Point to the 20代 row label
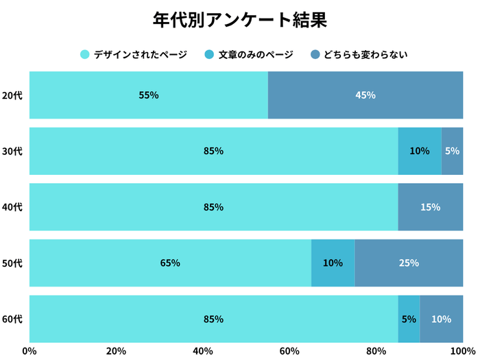12,95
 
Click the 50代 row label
12,263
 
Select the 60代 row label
12,319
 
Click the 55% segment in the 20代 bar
149,95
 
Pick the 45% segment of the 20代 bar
365,95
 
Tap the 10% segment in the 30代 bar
420,151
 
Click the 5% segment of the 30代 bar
452,151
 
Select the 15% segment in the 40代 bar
431,207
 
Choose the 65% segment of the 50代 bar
170,263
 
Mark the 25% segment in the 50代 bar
409,263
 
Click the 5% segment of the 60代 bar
409,319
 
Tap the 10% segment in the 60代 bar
441,319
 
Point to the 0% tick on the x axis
29,351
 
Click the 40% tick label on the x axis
203,351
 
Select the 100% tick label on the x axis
462,351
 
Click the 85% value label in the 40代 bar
213,207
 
